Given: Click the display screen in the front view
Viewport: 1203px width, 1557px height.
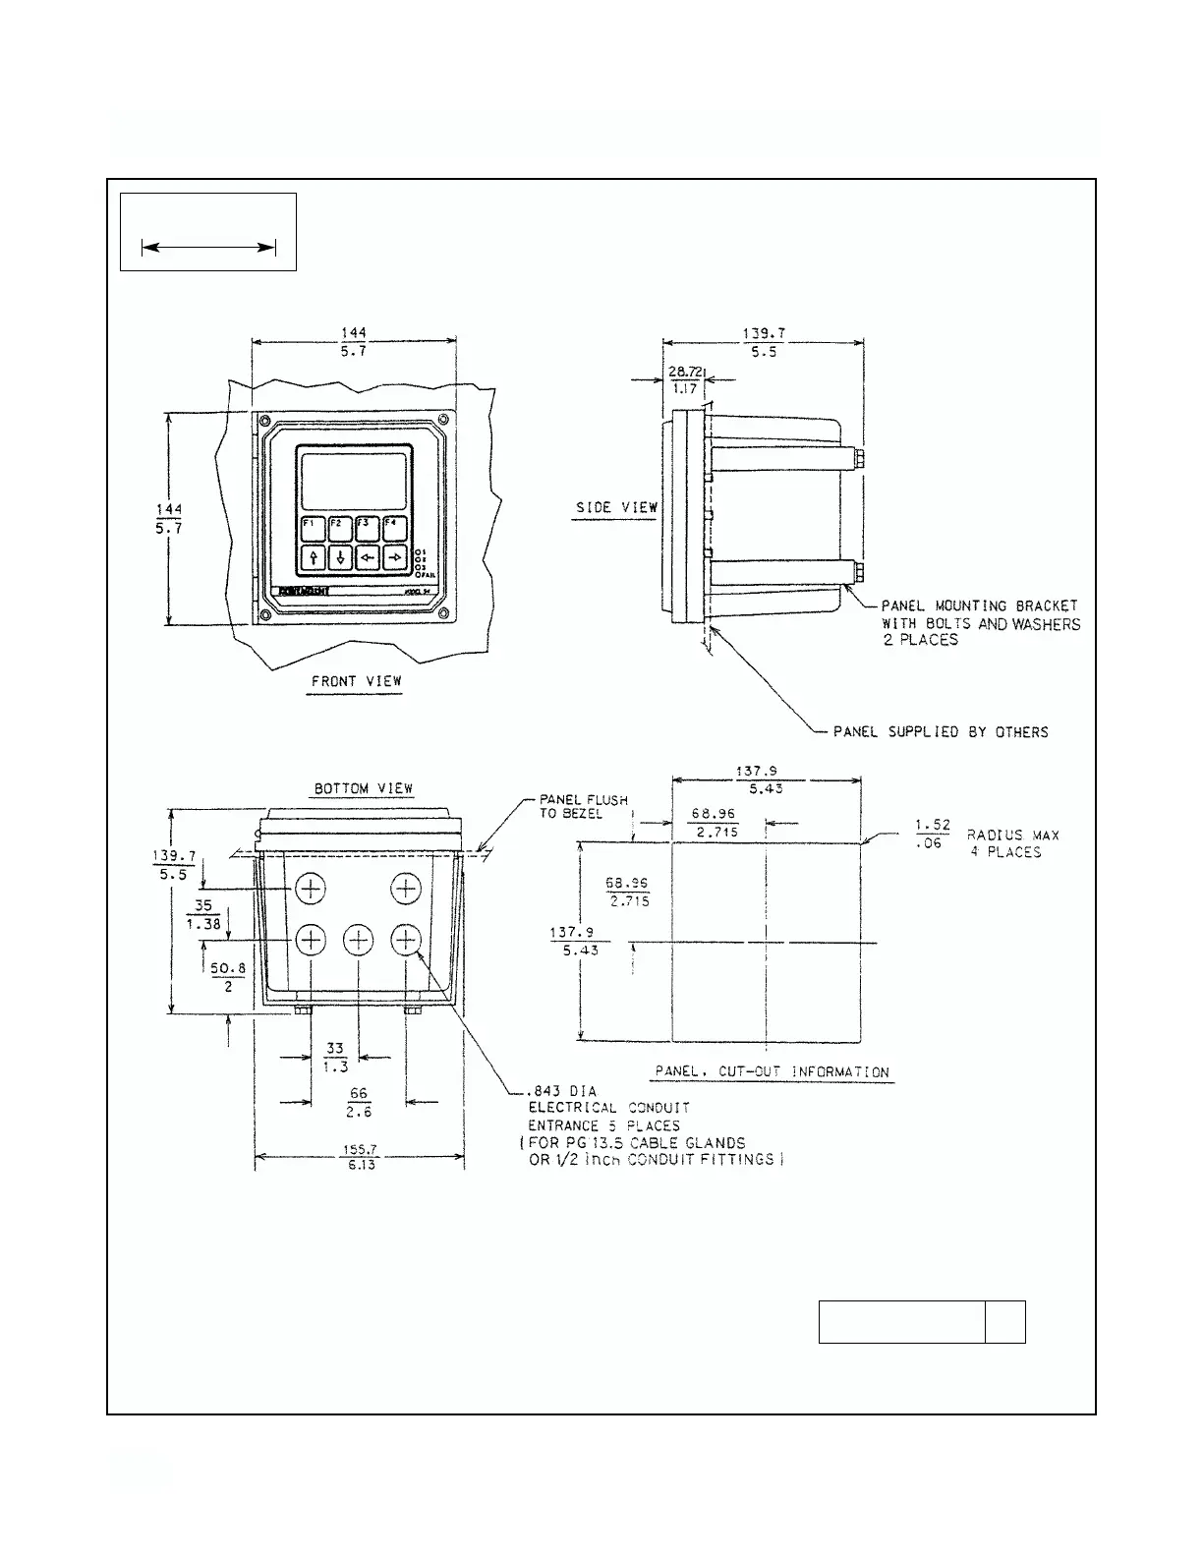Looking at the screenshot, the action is point(354,481).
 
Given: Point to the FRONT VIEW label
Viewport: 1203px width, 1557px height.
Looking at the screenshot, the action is point(356,680).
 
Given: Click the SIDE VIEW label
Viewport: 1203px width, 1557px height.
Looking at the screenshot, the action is point(616,507).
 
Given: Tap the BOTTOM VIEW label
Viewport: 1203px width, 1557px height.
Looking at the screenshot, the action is point(364,788).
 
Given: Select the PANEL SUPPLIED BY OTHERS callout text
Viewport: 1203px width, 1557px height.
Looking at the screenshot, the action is point(941,732).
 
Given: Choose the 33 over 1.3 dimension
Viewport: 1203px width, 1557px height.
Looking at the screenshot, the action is point(335,1058).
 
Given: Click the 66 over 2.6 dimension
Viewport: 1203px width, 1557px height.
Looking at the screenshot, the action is point(360,1102).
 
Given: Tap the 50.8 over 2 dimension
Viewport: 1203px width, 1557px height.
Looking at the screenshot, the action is point(227,976).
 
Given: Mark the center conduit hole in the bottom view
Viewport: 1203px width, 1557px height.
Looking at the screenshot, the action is point(358,940).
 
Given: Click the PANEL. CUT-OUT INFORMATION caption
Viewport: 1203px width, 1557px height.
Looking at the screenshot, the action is point(772,1071).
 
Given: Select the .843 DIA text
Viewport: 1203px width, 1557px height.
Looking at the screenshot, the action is point(562,1090).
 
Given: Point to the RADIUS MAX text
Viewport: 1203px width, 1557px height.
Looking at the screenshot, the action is point(1012,836).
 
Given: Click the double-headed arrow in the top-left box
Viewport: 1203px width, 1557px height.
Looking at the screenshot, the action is point(207,249).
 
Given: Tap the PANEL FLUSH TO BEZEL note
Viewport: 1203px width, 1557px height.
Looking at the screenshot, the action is point(584,807).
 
